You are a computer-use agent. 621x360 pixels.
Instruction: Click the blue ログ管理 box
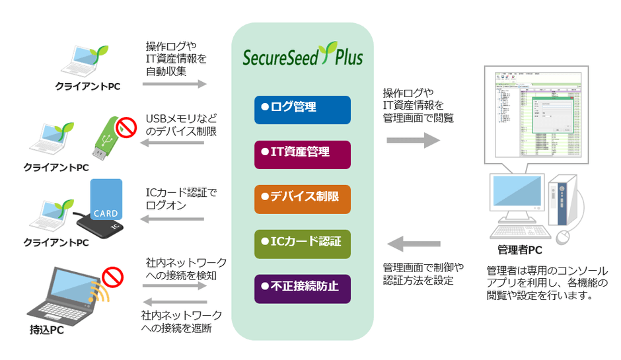[303, 110]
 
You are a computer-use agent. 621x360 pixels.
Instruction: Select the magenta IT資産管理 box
[303, 154]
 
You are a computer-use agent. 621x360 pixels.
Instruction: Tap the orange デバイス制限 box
[303, 198]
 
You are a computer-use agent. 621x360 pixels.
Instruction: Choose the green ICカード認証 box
[303, 244]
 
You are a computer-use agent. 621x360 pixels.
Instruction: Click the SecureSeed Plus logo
[303, 55]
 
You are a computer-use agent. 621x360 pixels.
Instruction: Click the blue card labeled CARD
[105, 200]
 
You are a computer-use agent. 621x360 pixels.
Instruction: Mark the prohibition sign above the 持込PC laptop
[113, 275]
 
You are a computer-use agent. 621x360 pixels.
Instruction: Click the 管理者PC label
[520, 250]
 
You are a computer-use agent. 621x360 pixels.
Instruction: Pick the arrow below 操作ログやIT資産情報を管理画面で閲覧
[413, 139]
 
